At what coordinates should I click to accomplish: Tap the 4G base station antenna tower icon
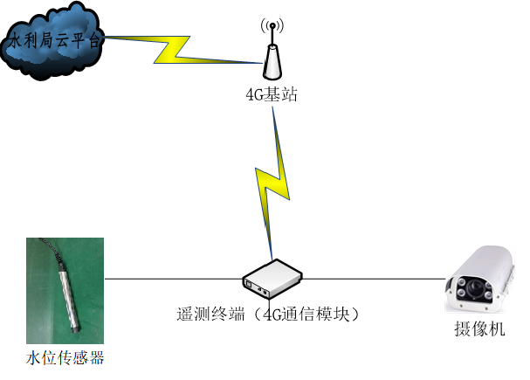[272, 58]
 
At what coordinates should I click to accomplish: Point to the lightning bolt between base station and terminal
[270, 183]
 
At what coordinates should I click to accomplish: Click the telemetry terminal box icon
[272, 278]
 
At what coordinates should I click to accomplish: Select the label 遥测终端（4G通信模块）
[268, 311]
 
